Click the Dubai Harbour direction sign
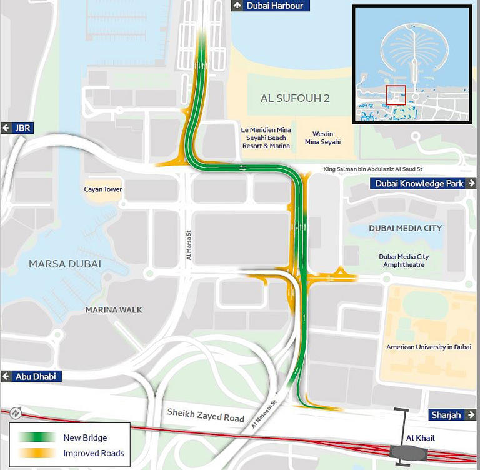coord(269,6)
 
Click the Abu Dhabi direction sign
coord(31,376)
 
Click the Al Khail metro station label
coord(420,438)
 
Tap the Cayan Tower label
coord(103,189)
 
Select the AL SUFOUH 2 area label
coord(295,98)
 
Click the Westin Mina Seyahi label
coord(322,137)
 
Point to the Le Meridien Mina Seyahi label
coord(266,137)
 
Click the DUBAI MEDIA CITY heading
coord(405,228)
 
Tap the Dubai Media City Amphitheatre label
coord(404,261)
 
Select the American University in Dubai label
coord(429,347)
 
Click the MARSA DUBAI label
coord(65,264)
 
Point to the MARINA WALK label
coord(114,310)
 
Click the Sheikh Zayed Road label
coord(205,414)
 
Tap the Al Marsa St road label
coord(188,246)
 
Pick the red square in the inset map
coord(396,95)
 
